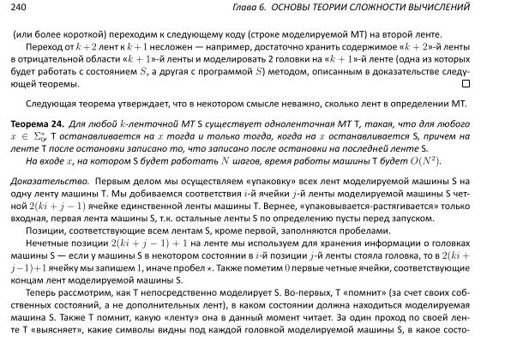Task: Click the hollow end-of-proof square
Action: [x=466, y=84]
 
